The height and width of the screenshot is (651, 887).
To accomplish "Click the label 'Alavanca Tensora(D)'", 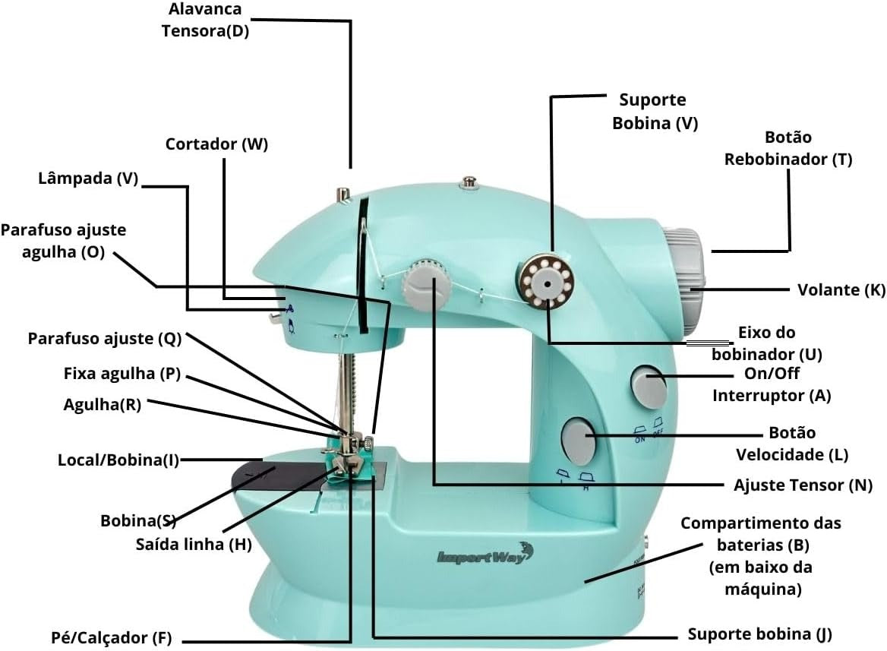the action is [x=205, y=20].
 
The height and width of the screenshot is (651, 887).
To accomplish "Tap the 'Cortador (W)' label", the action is [x=216, y=144].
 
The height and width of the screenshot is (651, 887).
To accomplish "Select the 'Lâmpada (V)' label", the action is [x=88, y=179].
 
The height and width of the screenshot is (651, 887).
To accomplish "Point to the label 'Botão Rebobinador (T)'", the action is [x=788, y=148].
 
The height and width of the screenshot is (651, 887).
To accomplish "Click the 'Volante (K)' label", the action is [x=841, y=290].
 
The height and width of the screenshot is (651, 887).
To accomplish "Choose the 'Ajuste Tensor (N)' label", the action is [x=803, y=485].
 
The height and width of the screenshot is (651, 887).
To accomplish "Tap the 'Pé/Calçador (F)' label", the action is [x=112, y=638].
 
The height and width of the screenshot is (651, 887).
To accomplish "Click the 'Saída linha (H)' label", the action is [x=194, y=545].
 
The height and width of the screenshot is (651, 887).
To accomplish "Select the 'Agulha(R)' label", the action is [x=103, y=405].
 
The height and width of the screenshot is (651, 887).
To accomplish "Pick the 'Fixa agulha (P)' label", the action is [x=122, y=374].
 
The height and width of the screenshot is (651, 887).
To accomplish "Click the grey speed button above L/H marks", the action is [x=579, y=441].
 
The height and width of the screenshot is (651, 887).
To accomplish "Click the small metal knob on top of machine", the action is [x=469, y=183].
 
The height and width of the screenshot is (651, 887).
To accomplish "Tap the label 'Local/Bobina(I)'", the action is [x=118, y=460].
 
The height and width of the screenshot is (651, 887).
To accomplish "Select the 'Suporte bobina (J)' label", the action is [x=759, y=634].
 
